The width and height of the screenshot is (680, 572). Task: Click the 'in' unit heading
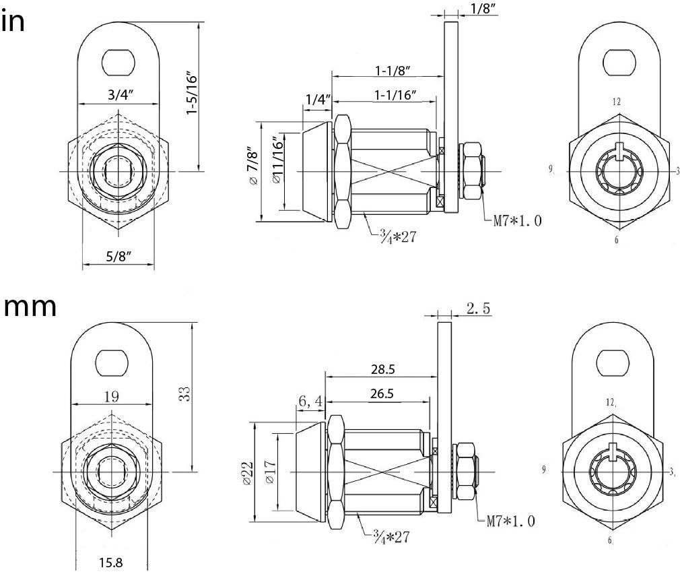click(14, 22)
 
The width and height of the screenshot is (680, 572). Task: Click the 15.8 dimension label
click(111, 561)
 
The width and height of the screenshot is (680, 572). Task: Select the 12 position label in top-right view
click(615, 102)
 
